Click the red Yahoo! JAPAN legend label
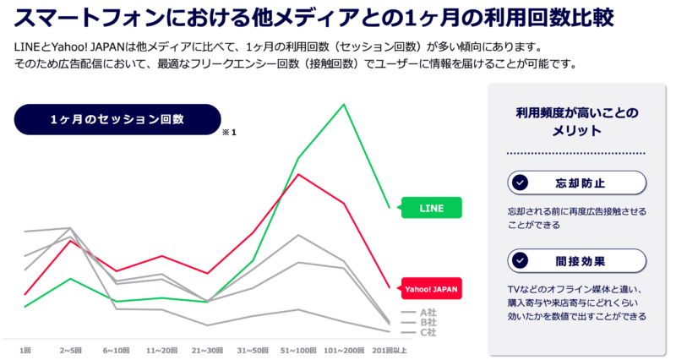coord(431,288)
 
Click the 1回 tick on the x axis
coord(25,348)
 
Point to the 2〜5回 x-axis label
coord(70,348)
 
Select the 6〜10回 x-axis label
coord(116,348)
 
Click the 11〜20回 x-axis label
coord(161,348)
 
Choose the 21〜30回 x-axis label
coord(206,348)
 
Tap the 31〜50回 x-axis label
coord(252,348)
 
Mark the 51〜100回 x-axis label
coord(297,348)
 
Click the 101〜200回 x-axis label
coord(343,348)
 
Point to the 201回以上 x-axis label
coord(389,348)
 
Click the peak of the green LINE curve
coord(343,105)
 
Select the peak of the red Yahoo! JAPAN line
coord(297,174)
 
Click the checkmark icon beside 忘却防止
coord(521,183)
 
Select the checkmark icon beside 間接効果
coord(521,260)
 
